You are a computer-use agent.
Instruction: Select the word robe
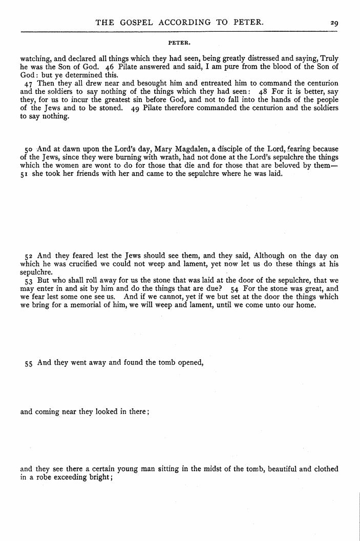pos(40,477)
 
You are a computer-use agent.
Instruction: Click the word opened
pos(189,362)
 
